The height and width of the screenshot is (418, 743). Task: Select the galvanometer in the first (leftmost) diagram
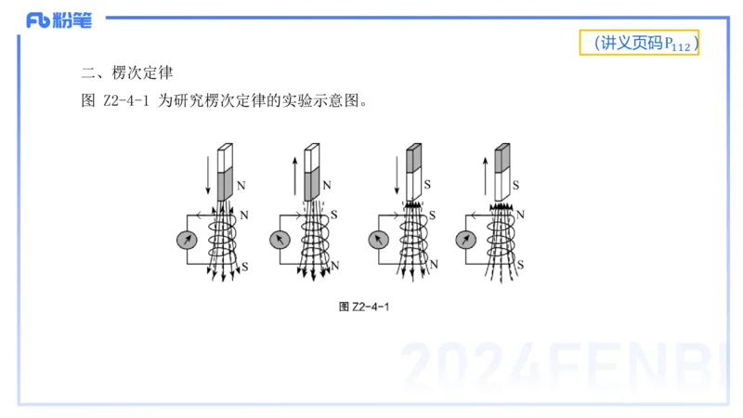pos(188,241)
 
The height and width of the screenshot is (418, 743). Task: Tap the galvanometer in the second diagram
pos(280,241)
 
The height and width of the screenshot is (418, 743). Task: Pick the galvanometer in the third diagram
pos(377,241)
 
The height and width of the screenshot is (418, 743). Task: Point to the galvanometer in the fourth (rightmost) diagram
pos(467,241)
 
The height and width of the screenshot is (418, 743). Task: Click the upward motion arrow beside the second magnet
pos(295,171)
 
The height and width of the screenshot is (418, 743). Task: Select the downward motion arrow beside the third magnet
pos(394,171)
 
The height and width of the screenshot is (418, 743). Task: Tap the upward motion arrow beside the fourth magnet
pos(484,171)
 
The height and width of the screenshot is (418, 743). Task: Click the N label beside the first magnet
pos(241,186)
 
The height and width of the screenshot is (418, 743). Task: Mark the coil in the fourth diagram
pos(502,241)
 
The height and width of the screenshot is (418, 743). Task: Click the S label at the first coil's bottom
pos(245,267)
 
